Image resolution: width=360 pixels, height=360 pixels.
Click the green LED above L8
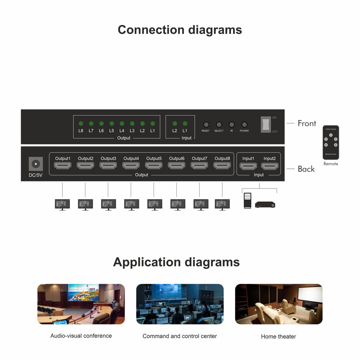[81, 123]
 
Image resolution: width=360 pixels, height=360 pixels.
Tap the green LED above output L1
[153, 123]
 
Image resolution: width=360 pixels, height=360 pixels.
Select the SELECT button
[219, 124]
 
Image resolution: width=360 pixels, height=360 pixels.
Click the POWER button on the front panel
[244, 124]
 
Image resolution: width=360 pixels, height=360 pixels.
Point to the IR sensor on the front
[232, 124]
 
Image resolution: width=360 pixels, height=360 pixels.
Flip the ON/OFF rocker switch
[266, 124]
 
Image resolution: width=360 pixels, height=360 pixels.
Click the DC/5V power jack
[36, 164]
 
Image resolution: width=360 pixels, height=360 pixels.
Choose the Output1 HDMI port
[63, 166]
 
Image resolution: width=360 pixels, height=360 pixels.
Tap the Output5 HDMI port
[154, 166]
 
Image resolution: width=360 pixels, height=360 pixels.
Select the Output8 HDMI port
[222, 166]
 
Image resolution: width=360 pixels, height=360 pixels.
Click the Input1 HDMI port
[248, 166]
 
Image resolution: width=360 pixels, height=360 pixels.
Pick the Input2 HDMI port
[270, 166]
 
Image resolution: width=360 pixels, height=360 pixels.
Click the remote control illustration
[330, 142]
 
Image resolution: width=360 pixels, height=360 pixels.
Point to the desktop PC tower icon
[247, 201]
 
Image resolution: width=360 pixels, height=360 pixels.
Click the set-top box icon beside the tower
[265, 204]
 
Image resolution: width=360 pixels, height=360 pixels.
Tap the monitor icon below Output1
[62, 204]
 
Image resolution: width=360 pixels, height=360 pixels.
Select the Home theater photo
[278, 304]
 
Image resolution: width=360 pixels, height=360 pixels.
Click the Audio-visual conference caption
[81, 336]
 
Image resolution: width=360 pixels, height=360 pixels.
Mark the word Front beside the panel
[307, 123]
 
